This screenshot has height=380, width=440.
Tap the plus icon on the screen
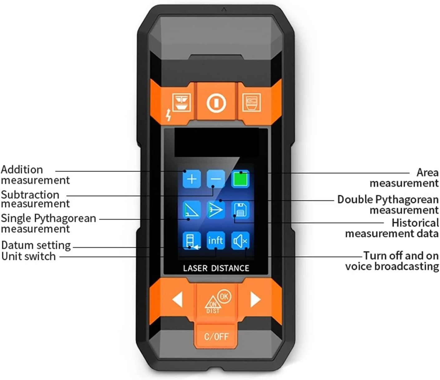pos(191,179)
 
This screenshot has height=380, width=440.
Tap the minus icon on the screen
pos(216,179)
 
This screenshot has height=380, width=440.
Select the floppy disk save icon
pos(240,210)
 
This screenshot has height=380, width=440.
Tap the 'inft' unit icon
pos(216,241)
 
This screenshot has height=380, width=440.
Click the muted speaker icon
pos(240,241)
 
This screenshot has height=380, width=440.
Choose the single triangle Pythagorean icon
pos(191,210)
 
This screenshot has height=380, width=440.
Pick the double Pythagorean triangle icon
pos(216,210)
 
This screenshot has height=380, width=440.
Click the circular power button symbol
pos(216,102)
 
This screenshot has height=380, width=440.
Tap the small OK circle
pos(224,296)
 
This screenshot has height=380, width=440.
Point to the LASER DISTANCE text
pos(216,268)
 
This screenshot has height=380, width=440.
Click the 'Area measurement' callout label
pos(404,177)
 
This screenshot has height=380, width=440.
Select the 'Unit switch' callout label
pos(29,256)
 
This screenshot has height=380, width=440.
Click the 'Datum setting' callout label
pos(36,245)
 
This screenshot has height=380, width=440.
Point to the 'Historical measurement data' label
pos(392,228)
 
